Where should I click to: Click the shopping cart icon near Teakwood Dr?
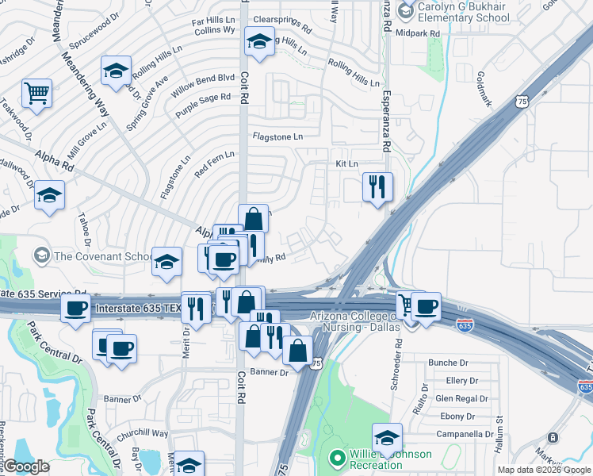(36, 94)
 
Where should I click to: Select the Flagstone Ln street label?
(277, 136)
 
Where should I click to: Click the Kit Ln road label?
(347, 163)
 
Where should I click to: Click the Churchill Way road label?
(144, 434)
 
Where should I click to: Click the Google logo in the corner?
(26, 466)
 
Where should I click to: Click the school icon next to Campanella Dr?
(387, 438)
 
